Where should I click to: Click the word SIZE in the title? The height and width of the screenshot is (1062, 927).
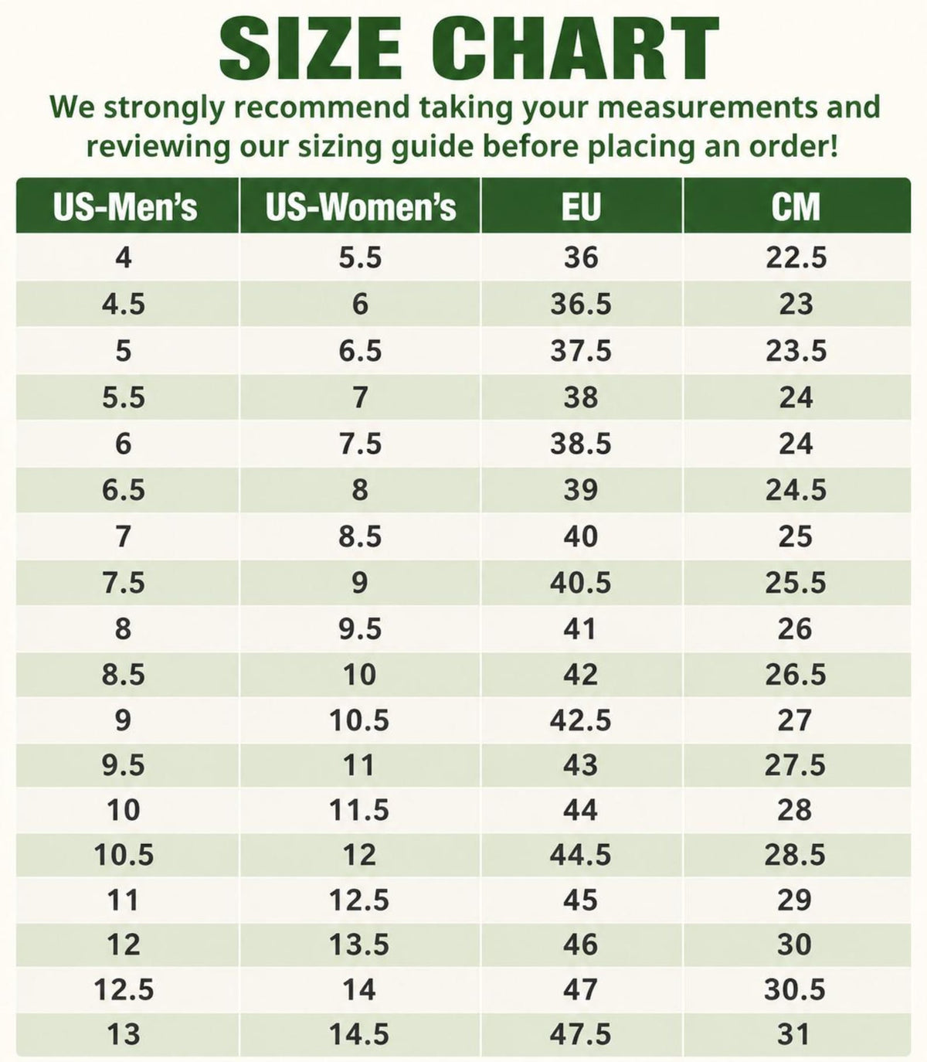(311, 49)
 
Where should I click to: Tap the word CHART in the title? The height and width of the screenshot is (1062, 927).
(575, 49)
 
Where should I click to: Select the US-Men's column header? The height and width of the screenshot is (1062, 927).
(125, 206)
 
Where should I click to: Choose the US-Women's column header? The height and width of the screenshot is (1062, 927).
(361, 206)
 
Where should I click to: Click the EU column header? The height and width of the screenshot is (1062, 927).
(581, 206)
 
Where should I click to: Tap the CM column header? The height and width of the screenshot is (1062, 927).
(796, 206)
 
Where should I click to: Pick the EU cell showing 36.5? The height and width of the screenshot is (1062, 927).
(581, 304)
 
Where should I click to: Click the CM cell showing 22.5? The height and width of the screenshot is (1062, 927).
(796, 257)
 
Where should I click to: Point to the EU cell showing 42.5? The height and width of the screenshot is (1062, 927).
(580, 720)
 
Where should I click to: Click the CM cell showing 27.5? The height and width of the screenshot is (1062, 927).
(795, 765)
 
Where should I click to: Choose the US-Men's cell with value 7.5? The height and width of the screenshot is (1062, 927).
(123, 582)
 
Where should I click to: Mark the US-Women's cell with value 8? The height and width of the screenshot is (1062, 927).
(360, 489)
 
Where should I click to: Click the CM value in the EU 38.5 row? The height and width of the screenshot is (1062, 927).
(796, 444)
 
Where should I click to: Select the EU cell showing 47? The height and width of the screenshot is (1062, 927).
(580, 989)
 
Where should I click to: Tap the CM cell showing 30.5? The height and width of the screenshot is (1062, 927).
(794, 989)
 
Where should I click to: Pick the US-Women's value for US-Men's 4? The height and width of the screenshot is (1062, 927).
(360, 257)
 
